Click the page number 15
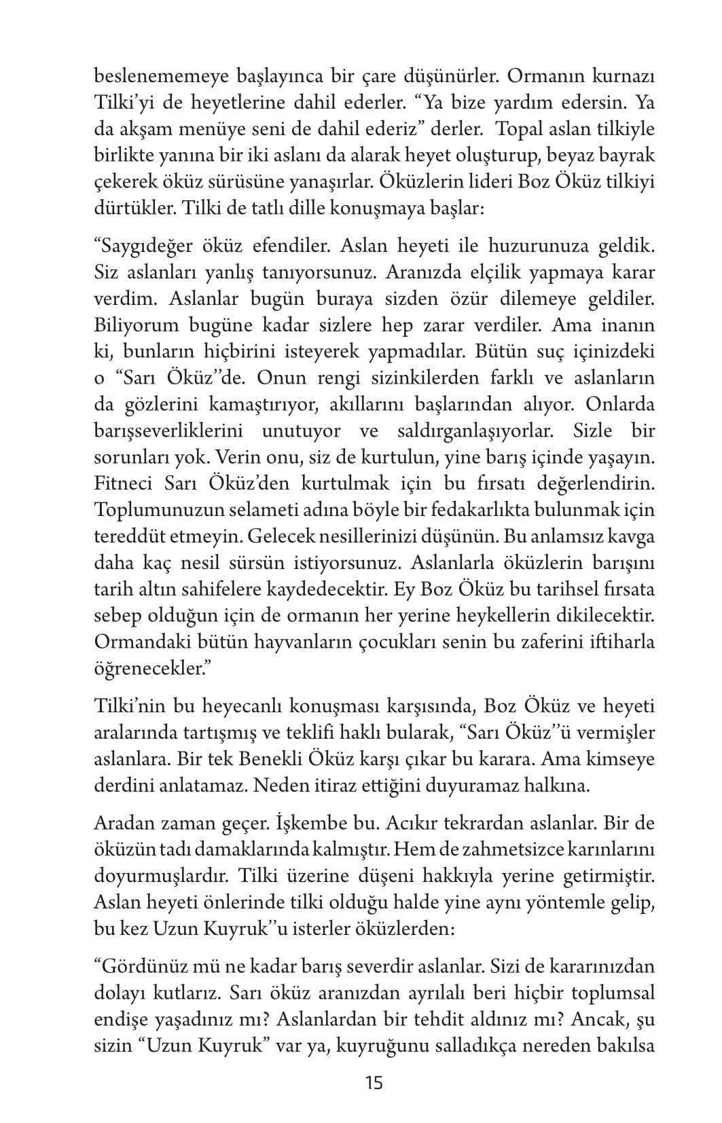[x=374, y=1082]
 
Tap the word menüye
[x=206, y=130]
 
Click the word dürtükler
[x=132, y=208]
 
